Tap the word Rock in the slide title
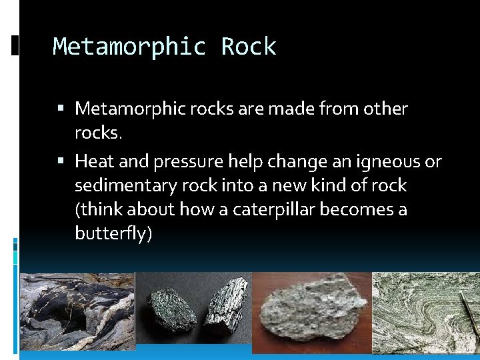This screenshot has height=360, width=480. pos(248,47)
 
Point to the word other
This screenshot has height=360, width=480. pos(384,108)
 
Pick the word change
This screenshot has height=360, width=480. pos(297,161)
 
